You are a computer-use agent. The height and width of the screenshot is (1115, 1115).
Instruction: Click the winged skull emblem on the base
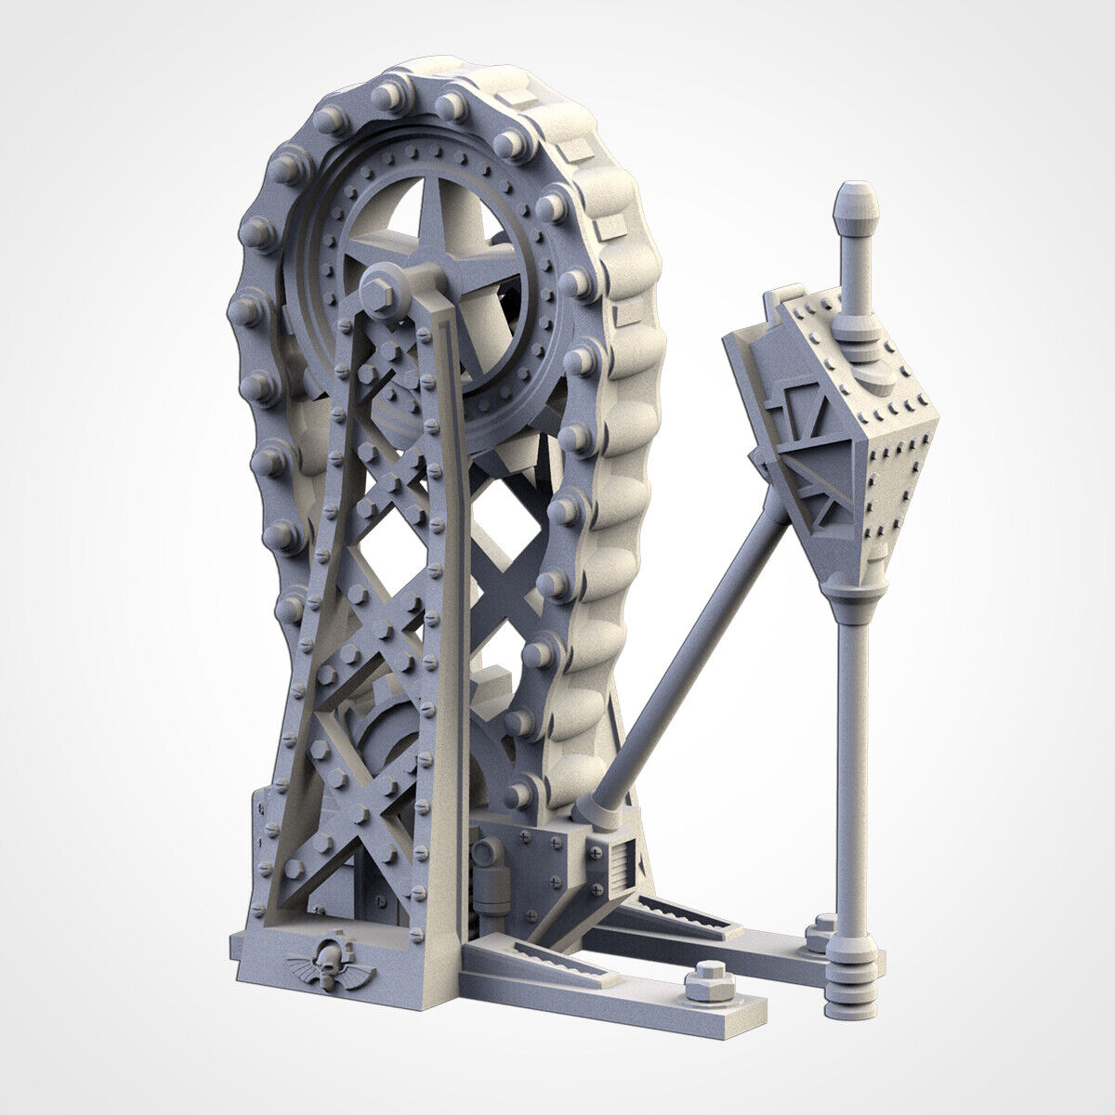(331, 966)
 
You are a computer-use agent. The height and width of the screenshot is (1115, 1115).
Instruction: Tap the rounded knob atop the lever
(856, 210)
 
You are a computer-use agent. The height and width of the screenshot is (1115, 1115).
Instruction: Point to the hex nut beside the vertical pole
(821, 932)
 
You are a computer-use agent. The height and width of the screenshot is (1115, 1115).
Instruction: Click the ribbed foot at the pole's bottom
(849, 989)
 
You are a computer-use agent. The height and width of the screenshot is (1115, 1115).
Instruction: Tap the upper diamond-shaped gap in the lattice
(506, 525)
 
